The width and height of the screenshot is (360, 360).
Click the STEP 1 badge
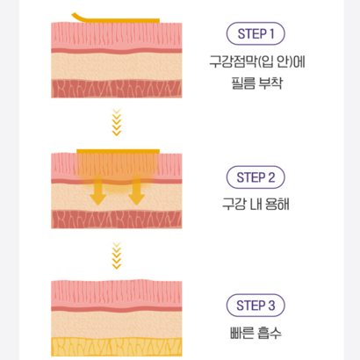click(256, 33)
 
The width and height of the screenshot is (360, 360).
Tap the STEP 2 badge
click(256, 177)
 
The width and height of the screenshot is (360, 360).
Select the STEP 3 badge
click(256, 306)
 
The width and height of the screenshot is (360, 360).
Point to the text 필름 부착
click(256, 83)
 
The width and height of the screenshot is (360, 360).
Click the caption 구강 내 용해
click(256, 204)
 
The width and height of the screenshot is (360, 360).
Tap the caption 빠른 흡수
click(256, 333)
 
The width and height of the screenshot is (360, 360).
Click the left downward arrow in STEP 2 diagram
click(97, 191)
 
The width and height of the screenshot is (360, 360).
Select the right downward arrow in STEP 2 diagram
click(136, 191)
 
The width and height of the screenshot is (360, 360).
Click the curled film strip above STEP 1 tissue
click(117, 20)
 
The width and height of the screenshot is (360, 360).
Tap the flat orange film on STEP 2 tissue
click(118, 151)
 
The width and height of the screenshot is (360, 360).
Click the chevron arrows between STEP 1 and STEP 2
click(117, 122)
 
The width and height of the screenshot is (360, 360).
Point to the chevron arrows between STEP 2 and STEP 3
click(117, 256)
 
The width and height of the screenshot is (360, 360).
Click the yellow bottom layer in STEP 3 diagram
click(117, 347)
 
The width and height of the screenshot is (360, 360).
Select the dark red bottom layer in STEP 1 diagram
click(117, 89)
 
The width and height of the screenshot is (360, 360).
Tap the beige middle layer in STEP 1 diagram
click(117, 67)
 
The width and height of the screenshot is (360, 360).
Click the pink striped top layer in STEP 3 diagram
click(117, 293)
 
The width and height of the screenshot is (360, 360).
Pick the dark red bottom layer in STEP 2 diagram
click(117, 220)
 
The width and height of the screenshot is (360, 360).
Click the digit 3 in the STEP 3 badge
click(271, 306)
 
